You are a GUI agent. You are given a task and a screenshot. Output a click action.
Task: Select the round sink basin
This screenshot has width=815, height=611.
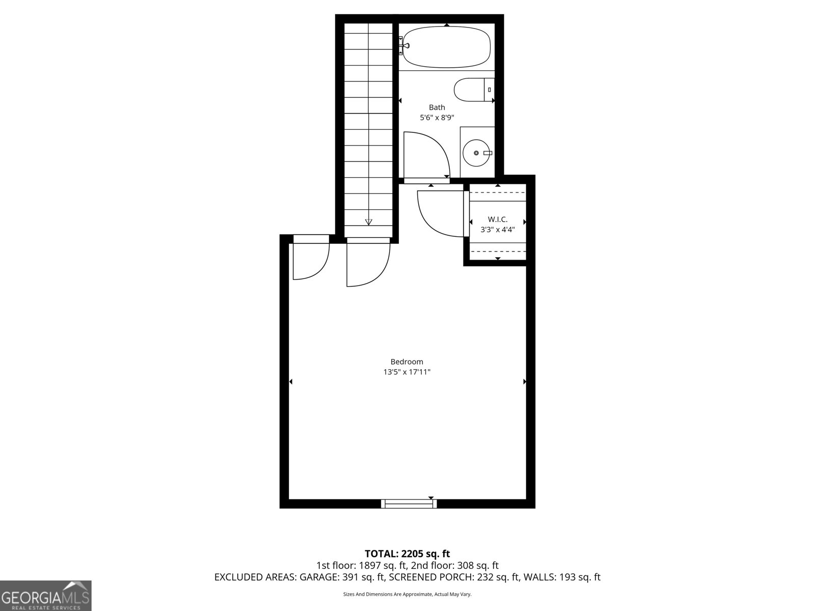[x=476, y=153]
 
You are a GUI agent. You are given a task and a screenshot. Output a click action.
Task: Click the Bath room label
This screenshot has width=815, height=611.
[x=437, y=107]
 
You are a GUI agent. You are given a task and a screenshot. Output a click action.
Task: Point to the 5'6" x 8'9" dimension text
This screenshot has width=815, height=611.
[x=437, y=118]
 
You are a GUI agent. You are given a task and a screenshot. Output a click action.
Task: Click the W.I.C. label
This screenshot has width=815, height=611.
[x=498, y=219]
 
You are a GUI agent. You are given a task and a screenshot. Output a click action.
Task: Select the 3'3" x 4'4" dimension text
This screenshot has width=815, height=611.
[x=498, y=230]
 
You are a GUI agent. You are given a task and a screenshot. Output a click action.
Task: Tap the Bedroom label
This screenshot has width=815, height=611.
[x=406, y=362]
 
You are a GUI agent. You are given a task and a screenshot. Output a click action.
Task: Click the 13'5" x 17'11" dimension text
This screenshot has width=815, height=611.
[x=406, y=372]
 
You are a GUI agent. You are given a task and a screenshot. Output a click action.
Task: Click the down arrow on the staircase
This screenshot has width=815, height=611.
[x=368, y=222]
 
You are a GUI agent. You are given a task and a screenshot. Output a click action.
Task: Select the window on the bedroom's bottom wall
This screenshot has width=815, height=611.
[x=409, y=504]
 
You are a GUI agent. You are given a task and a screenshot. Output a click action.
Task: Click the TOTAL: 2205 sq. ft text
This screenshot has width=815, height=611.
[x=407, y=553]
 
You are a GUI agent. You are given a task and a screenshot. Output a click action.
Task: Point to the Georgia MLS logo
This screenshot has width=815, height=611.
[x=46, y=596]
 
